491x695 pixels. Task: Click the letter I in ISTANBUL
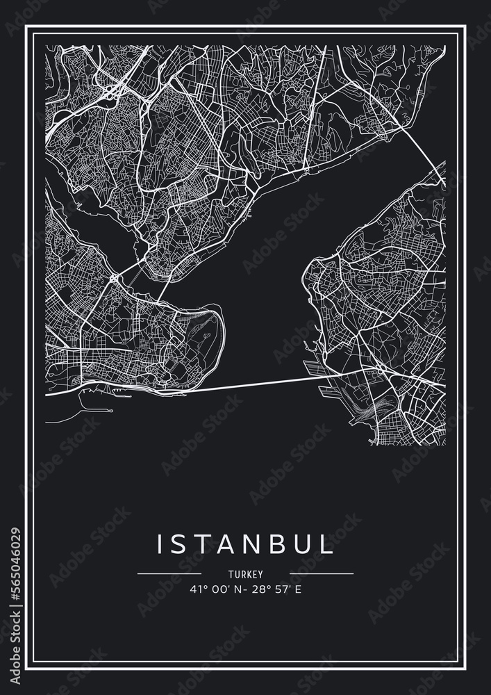pyautogui.click(x=160, y=544)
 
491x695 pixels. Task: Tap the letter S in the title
pyautogui.click(x=183, y=544)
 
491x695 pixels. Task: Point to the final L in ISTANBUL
pyautogui.click(x=326, y=544)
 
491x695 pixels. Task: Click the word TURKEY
pyautogui.click(x=245, y=574)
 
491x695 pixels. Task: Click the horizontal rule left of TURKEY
pyautogui.click(x=169, y=574)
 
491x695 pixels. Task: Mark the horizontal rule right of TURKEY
pyautogui.click(x=321, y=574)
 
